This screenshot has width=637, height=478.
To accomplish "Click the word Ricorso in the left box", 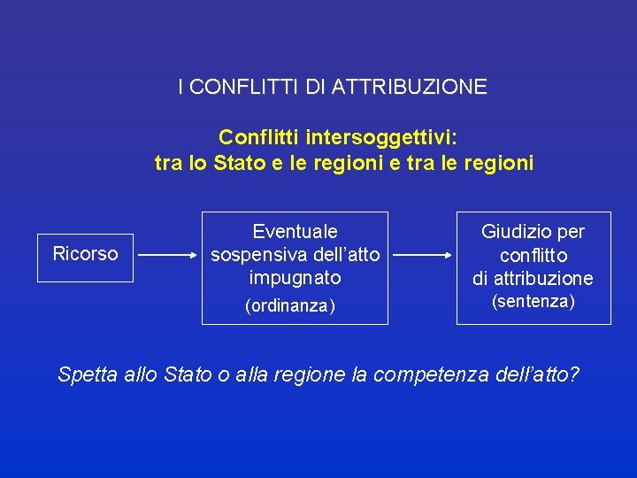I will (x=85, y=254).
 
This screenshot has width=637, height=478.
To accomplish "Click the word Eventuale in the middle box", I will (x=295, y=232).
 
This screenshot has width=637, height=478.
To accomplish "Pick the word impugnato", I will (x=295, y=278).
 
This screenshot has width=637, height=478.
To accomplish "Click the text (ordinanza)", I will (x=289, y=306).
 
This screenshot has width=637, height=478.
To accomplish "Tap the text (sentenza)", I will (x=533, y=302).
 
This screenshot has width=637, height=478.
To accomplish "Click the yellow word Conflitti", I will (x=259, y=137).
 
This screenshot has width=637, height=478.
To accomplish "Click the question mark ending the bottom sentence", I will (x=575, y=374).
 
